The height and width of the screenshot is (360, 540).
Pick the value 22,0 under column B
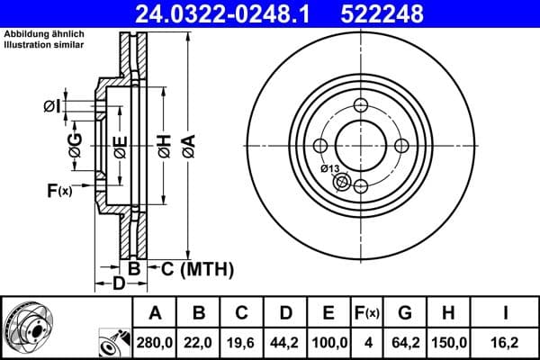click(x=200, y=343)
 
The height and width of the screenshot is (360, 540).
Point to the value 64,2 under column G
click(x=405, y=343)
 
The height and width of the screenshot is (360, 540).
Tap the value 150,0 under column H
click(x=449, y=343)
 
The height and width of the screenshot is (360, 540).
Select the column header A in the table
click(x=156, y=314)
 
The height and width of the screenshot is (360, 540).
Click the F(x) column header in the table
click(x=367, y=314)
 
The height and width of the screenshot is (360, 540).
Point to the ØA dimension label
click(x=187, y=146)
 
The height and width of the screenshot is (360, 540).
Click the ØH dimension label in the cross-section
click(x=164, y=146)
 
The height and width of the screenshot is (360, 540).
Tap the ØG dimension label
click(x=76, y=146)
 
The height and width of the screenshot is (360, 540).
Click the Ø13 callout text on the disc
click(x=329, y=168)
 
